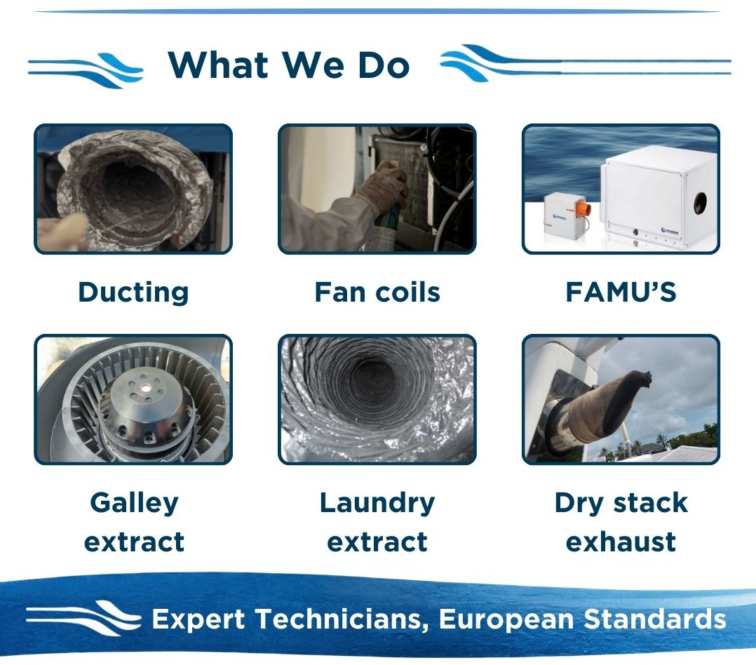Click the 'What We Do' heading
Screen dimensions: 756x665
(x=288, y=65)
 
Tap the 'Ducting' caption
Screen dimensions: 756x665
(x=133, y=293)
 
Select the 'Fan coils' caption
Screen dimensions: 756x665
(x=377, y=293)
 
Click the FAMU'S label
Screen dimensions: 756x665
(x=621, y=293)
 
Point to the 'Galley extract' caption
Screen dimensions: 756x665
(x=134, y=523)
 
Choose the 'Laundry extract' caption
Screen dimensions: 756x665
(x=377, y=523)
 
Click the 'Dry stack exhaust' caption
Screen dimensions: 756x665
(x=621, y=523)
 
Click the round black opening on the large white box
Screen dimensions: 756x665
(x=700, y=203)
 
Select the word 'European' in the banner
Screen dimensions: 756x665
(x=506, y=619)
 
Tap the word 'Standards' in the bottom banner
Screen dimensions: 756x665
(x=655, y=619)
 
